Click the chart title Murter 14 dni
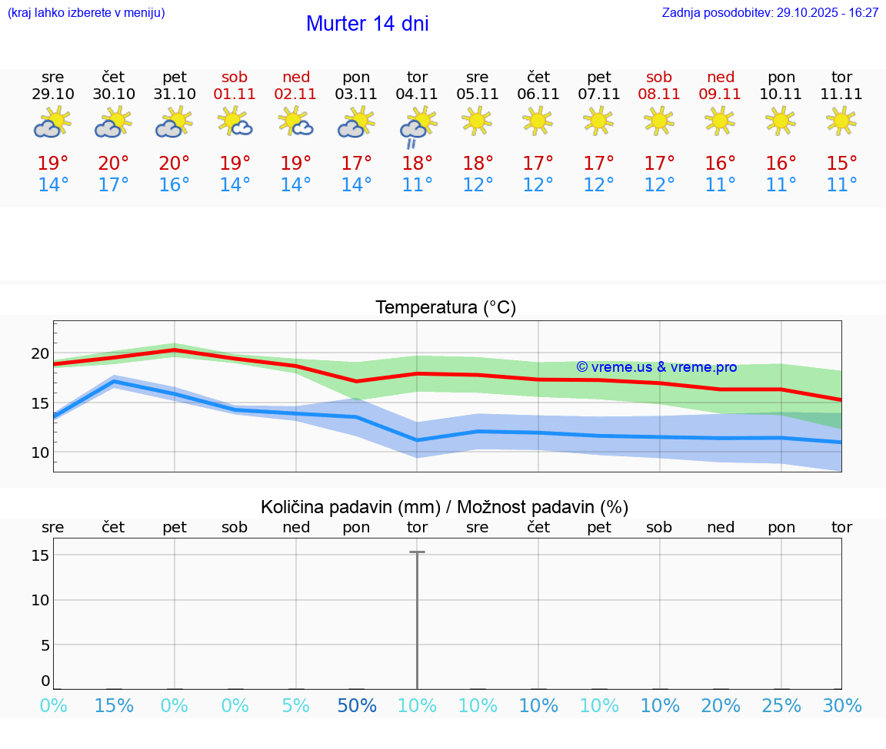tap(367, 24)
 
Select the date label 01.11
tap(235, 94)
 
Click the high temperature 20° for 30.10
tap(113, 164)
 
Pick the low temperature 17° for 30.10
tap(113, 185)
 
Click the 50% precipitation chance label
tap(356, 706)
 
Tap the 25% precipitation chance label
tap(781, 706)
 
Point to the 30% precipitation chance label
tap(842, 706)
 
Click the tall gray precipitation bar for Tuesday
tap(417, 615)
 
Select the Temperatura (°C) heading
tap(445, 308)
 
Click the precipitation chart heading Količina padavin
tap(445, 507)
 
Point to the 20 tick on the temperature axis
tap(40, 353)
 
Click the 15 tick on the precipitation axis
tap(40, 555)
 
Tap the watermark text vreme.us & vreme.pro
tap(656, 367)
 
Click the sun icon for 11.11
tap(841, 121)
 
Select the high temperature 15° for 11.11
tap(841, 164)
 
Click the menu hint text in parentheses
tap(86, 13)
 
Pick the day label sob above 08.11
tap(659, 77)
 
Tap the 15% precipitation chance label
tap(113, 706)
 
